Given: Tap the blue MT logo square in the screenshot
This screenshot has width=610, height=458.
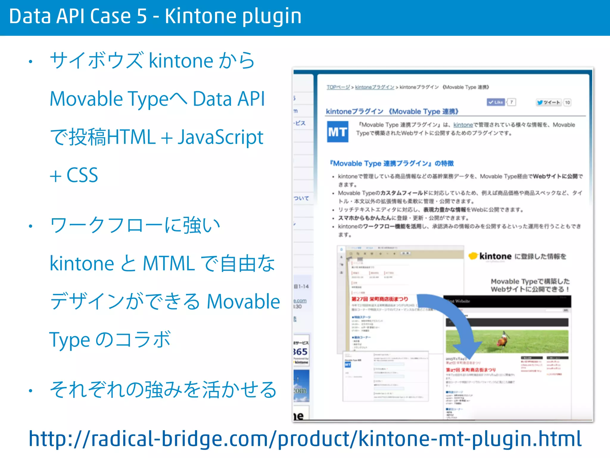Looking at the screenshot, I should [337, 131].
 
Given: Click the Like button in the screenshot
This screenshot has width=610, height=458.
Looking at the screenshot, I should [496, 102].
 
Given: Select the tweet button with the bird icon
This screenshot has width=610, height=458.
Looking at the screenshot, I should [548, 102].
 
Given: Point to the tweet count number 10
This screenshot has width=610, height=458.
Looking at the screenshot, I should [567, 103].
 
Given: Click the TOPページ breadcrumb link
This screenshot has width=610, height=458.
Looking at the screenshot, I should [338, 87].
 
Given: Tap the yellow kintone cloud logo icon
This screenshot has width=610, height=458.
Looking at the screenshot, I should [473, 256].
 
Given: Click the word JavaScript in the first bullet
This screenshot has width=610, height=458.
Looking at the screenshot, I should [220, 137].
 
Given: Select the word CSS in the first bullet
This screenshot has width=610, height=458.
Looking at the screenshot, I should [82, 175].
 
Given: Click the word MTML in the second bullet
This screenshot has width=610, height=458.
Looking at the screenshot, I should [169, 263].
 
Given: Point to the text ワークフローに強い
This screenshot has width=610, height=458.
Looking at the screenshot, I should [135, 225].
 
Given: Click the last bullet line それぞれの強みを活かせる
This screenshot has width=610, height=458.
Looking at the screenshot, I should [163, 389].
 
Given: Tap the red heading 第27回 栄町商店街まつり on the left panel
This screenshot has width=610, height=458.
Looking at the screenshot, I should [380, 299].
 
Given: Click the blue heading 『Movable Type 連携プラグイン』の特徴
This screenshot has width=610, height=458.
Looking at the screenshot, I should [392, 163].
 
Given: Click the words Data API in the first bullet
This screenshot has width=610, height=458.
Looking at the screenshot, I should [229, 99].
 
